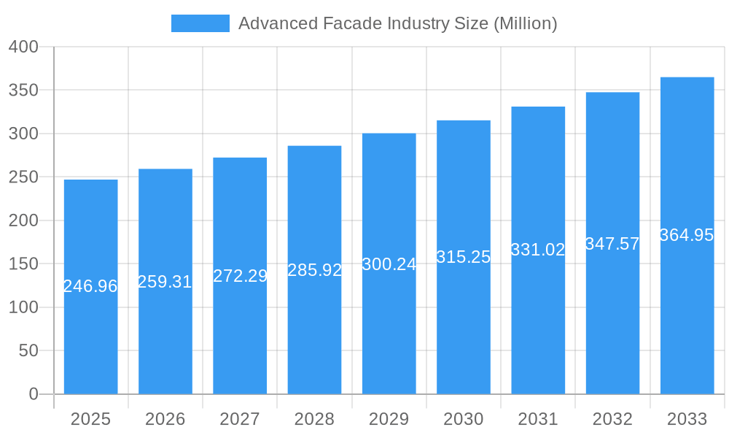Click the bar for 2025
pyautogui.click(x=90, y=287)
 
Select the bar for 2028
pyautogui.click(x=314, y=270)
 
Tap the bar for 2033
pyautogui.click(x=687, y=236)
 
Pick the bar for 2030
pyautogui.click(x=464, y=257)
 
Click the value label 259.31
pyautogui.click(x=165, y=282)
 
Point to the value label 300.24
pyautogui.click(x=389, y=264)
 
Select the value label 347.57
pyautogui.click(x=612, y=244)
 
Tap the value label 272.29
pyautogui.click(x=240, y=276)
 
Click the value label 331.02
pyautogui.click(x=538, y=250)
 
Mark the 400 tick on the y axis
pyautogui.click(x=23, y=47)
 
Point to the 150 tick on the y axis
pyautogui.click(x=23, y=264)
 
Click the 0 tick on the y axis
pyautogui.click(x=33, y=394)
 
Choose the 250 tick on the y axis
pyautogui.click(x=23, y=177)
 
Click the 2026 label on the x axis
pyautogui.click(x=165, y=419)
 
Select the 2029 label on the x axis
pyautogui.click(x=389, y=419)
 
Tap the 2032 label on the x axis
pyautogui.click(x=612, y=419)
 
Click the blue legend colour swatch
pyautogui.click(x=200, y=23)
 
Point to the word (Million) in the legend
pyautogui.click(x=525, y=23)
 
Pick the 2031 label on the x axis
pyautogui.click(x=538, y=419)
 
